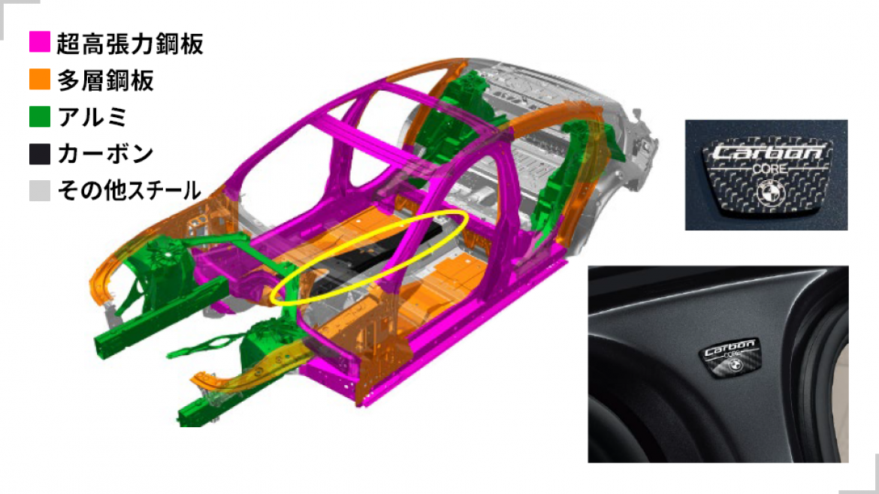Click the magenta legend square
tap(40, 43)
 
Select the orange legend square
tap(40, 80)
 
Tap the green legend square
tap(40, 116)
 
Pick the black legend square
tap(40, 153)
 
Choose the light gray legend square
tap(40, 190)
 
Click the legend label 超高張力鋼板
tap(129, 44)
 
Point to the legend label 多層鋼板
tap(105, 80)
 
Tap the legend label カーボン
tap(105, 154)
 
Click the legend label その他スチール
tap(129, 191)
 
